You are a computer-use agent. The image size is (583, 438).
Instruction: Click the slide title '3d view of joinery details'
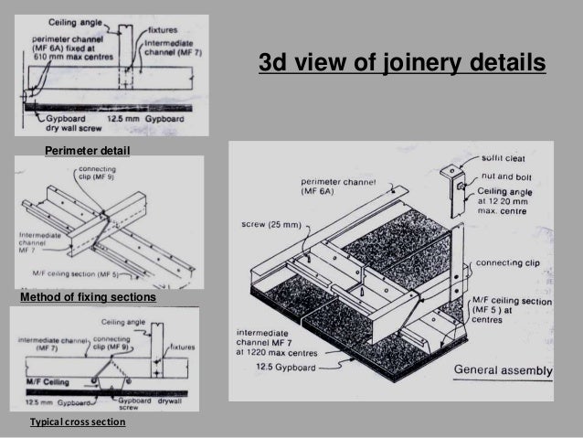(x=402, y=64)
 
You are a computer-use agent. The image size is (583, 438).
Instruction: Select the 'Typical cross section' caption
(x=78, y=423)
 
